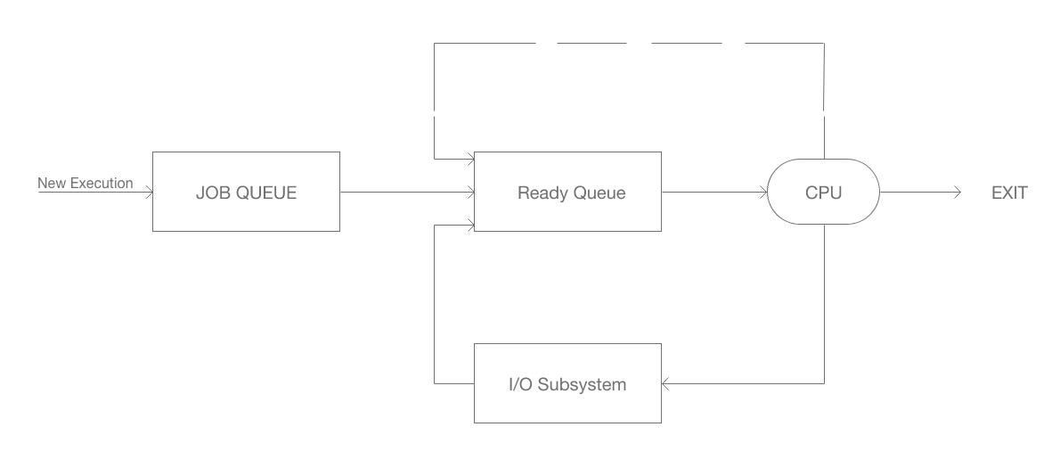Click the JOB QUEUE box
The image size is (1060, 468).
tap(246, 192)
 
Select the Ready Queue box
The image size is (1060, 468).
tap(567, 192)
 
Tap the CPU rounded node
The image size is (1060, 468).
tap(823, 192)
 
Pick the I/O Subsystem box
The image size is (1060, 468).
tap(567, 384)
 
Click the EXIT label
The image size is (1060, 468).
tap(1009, 193)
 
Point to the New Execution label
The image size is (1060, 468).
tap(85, 184)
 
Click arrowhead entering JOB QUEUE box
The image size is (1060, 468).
tap(148, 192)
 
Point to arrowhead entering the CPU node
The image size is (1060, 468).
tap(762, 192)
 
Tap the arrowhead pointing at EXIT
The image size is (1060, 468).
tap(956, 192)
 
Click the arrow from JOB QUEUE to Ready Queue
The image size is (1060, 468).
tap(406, 192)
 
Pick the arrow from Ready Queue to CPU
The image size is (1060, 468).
tap(713, 192)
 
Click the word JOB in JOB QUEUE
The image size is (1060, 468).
tap(212, 193)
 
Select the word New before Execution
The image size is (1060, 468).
tap(51, 184)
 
